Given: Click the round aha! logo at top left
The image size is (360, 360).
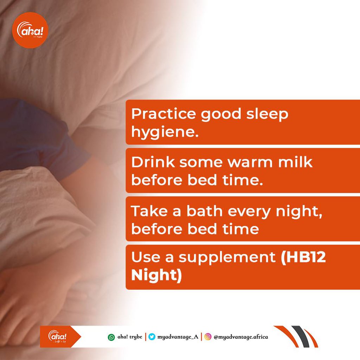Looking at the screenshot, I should [30, 31].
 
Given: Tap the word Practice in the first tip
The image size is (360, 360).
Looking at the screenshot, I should [159, 114].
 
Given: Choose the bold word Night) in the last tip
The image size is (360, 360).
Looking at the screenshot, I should [156, 275].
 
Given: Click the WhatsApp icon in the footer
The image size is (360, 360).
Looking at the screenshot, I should [111, 337].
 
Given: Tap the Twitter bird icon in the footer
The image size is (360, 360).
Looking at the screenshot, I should [152, 337].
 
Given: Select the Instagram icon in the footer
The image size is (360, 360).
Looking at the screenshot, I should [208, 337].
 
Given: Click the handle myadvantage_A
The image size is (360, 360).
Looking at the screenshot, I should [178, 337].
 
